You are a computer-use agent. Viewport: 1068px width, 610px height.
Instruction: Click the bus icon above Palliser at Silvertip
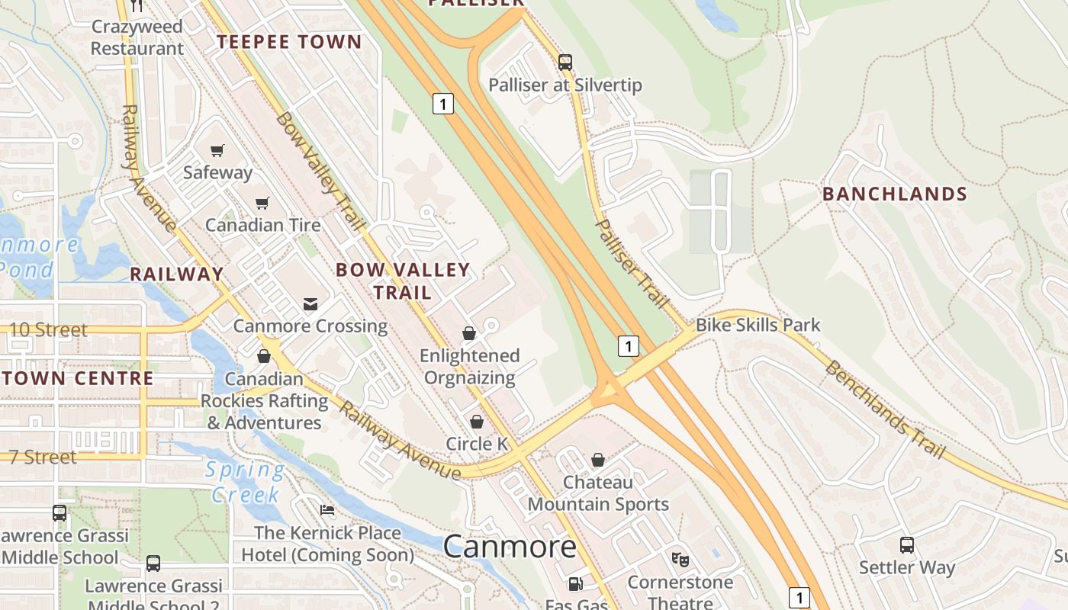coord(565,62)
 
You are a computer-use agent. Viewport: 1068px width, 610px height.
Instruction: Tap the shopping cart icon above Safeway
coord(217,150)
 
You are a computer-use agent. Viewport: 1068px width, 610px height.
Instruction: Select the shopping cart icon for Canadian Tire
coord(262,203)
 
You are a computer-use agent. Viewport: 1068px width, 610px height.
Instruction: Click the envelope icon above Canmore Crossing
coord(310,304)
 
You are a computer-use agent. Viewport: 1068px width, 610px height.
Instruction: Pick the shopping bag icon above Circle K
coord(477,422)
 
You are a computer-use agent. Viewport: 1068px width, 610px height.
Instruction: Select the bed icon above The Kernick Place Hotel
coord(327,509)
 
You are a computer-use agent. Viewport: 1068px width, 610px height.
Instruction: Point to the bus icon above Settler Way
coord(906,545)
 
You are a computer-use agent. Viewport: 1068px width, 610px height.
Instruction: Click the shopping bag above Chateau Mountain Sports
coord(598,460)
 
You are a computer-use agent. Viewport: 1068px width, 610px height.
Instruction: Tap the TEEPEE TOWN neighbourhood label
coord(289,42)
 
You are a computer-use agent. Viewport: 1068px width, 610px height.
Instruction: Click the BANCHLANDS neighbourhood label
coord(894,194)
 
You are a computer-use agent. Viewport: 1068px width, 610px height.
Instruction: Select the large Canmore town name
coord(510,547)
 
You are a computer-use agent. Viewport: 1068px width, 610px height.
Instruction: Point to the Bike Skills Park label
coord(758,326)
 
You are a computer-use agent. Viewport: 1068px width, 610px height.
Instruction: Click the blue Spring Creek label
coord(245,482)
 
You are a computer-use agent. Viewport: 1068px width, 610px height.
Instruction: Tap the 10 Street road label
coord(50,330)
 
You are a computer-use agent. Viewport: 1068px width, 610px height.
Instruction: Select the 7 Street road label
coord(41,457)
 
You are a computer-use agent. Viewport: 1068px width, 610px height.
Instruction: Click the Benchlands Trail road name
coord(885,409)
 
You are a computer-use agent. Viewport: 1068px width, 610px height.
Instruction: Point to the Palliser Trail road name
coord(631,263)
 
